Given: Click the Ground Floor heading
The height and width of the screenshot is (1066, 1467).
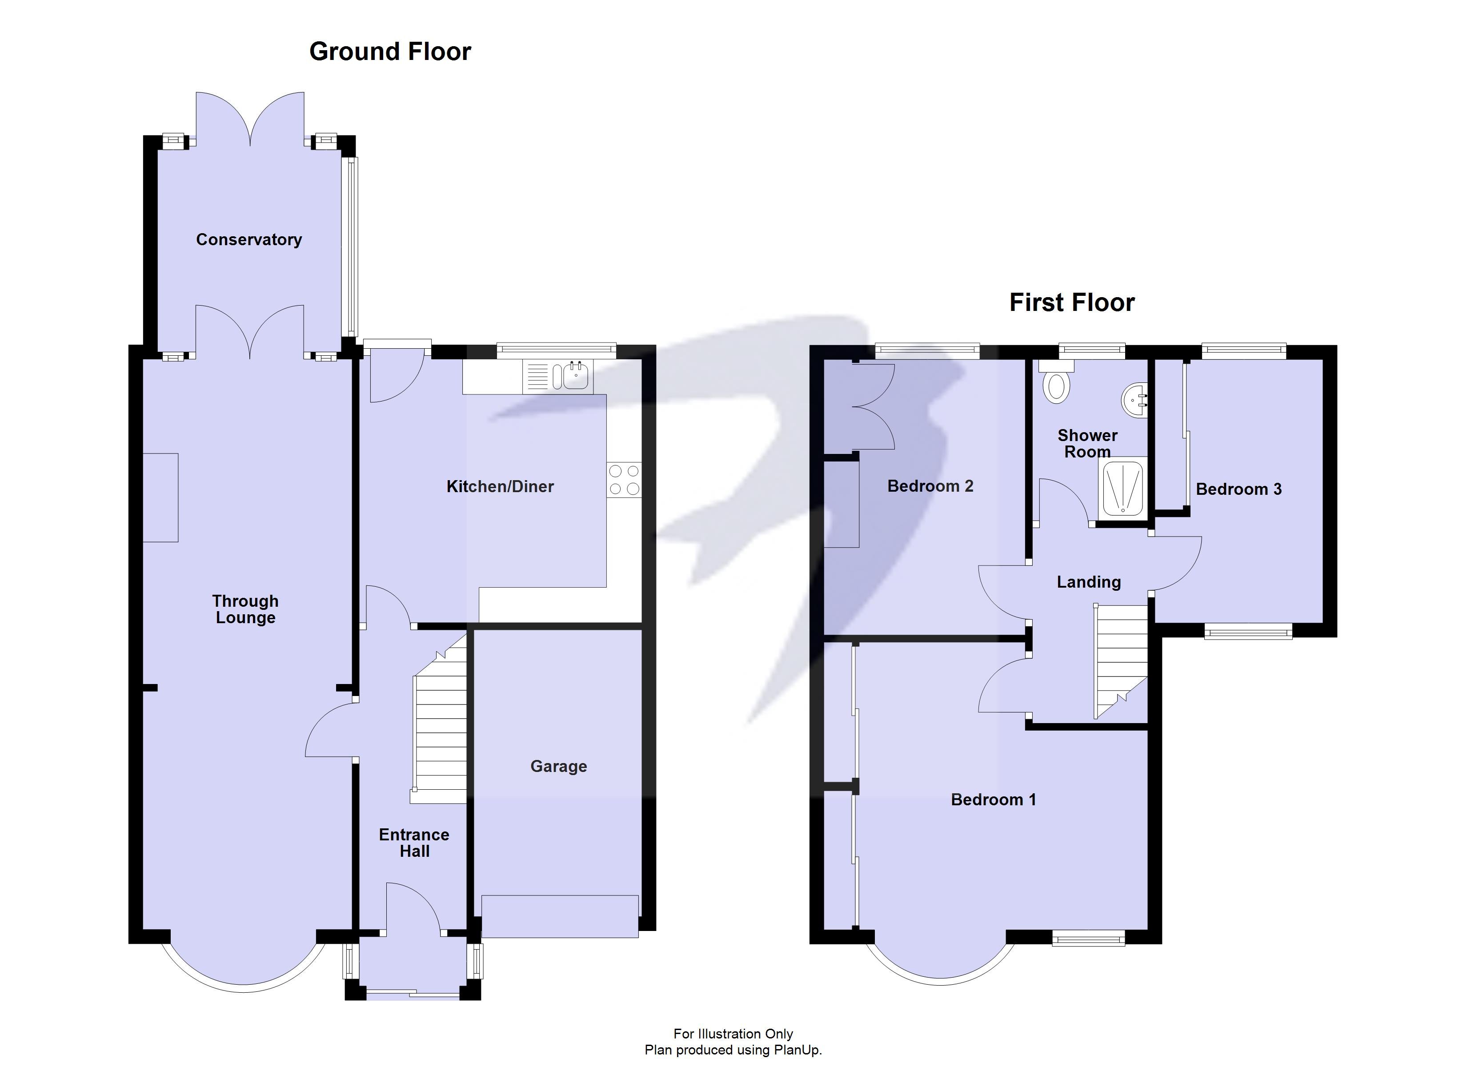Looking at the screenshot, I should click(390, 52).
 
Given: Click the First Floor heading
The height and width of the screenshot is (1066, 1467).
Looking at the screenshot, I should click(1072, 302).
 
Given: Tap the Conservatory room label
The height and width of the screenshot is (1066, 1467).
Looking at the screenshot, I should click(249, 240).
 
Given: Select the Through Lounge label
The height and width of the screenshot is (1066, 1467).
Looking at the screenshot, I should click(245, 609).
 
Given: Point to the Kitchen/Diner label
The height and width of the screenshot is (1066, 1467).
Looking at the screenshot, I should click(500, 487).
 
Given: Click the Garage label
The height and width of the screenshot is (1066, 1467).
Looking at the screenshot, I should click(558, 767).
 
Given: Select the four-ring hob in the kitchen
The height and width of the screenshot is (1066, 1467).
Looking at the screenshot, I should click(624, 480).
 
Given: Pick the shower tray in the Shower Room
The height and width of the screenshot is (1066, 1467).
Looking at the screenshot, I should click(1122, 488).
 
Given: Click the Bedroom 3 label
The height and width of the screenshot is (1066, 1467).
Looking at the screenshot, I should click(1238, 489).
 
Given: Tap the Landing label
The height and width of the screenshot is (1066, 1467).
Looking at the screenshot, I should click(1089, 582).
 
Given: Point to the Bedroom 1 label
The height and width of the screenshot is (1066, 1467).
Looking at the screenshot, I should click(993, 800).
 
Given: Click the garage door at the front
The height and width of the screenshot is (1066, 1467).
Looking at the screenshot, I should click(560, 916).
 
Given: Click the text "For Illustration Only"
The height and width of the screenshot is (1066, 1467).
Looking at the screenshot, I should click(733, 1034).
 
